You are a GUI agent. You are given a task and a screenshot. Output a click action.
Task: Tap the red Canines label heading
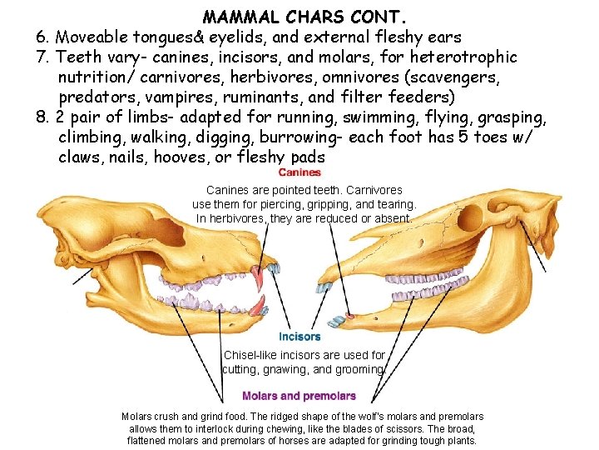299,172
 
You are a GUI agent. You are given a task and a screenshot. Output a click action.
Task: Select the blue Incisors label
299,337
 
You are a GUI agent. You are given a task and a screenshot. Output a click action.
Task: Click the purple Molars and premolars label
299,396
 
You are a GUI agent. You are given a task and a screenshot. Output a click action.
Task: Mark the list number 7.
41,57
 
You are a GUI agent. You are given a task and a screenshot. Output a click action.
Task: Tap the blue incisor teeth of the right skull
338,319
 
